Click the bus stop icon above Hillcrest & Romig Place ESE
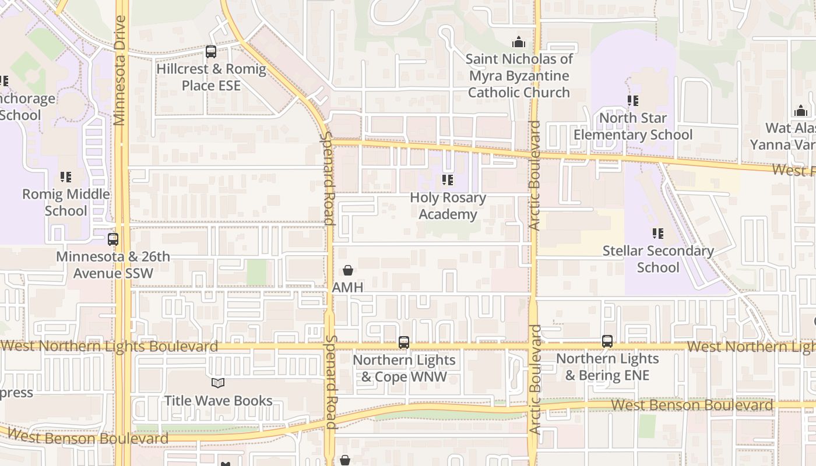[211, 52]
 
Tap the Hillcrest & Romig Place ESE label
[211, 77]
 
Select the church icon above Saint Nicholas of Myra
[518, 42]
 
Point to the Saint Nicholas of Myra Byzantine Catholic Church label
[519, 76]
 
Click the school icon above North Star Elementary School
[633, 101]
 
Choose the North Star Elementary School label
[633, 126]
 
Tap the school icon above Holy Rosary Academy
[448, 180]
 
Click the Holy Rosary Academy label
[448, 206]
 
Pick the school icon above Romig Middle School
[66, 176]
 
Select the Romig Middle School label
[66, 202]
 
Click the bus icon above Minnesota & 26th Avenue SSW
[113, 239]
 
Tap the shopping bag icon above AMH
[348, 270]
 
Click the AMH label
[348, 287]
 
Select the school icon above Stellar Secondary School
[658, 234]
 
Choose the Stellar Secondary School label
[658, 259]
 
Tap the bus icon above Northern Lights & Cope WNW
[404, 343]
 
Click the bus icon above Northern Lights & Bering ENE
[607, 341]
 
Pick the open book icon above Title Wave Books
[218, 383]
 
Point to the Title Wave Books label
[218, 401]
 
